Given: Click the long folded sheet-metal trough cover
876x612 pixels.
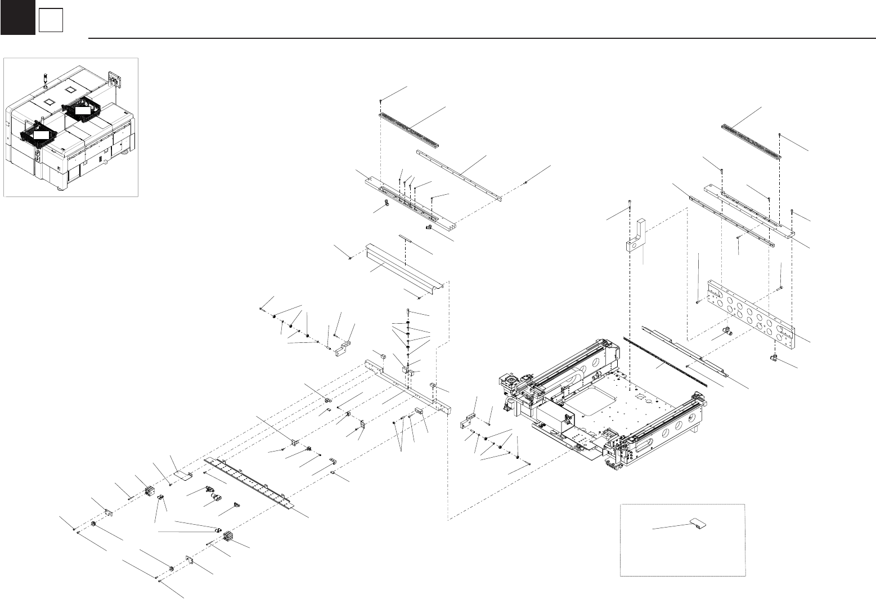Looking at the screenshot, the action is click(402, 268).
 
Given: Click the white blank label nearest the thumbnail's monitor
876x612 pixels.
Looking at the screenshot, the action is click(83, 110).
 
